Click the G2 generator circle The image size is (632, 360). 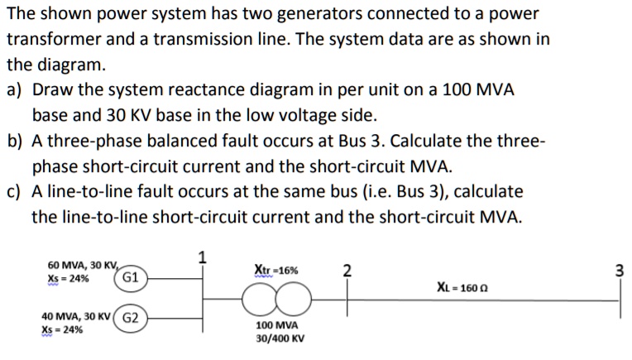(133, 316)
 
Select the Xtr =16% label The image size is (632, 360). (276, 270)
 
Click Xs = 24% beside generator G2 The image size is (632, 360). (62, 329)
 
